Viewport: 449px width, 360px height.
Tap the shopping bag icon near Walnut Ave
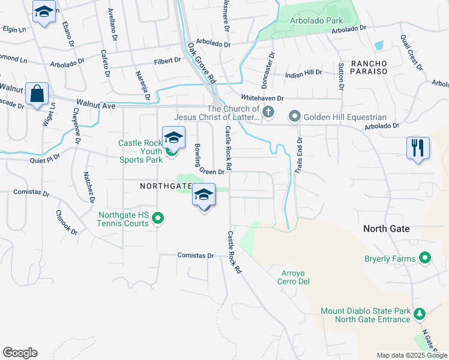(x=37, y=94)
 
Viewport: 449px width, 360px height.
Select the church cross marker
(x=269, y=112)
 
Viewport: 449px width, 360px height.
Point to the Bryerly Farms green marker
(x=425, y=259)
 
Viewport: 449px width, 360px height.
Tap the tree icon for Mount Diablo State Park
(x=420, y=314)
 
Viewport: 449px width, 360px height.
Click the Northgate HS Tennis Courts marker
(x=157, y=218)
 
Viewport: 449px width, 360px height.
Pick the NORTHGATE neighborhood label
(x=166, y=187)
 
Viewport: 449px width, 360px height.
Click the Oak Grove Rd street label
(x=201, y=62)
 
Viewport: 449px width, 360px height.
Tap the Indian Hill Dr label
(x=303, y=72)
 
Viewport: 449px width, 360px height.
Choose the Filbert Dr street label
(x=167, y=60)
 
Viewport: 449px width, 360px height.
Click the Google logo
(x=20, y=353)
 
